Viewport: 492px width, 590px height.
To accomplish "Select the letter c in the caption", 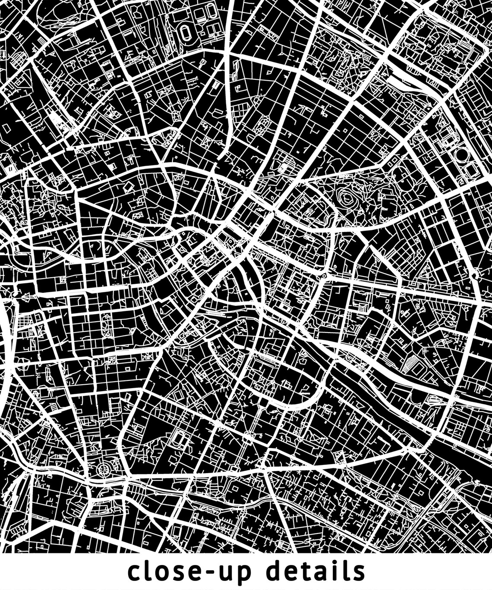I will point(135,573).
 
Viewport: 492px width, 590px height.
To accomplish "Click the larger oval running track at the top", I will point(186,32).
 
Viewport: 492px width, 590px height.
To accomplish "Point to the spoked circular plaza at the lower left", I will point(104,469).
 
